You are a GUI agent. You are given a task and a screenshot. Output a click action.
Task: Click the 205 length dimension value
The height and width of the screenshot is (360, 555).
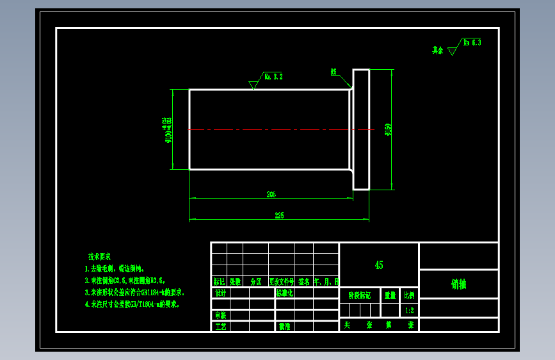(x=271, y=194)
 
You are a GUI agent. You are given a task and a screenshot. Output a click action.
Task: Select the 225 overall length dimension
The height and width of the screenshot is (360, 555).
(x=279, y=216)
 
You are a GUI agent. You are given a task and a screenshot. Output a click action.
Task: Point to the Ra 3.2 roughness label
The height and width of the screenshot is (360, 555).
(x=273, y=77)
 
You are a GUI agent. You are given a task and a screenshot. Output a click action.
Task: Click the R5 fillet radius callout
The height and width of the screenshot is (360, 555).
(x=334, y=72)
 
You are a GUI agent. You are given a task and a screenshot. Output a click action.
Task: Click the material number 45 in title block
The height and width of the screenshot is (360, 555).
(x=379, y=265)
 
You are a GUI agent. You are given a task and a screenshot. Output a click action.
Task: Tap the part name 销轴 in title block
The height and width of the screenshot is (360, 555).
(x=458, y=284)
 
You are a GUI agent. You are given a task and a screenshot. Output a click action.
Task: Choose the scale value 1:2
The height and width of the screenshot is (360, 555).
(x=409, y=311)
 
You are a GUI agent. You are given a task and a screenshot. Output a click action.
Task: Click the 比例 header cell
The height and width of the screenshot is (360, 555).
(x=409, y=295)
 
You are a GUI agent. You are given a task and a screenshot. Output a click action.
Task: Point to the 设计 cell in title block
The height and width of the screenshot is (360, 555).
(x=221, y=293)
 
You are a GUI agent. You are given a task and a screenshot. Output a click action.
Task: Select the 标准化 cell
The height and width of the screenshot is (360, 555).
(x=284, y=293)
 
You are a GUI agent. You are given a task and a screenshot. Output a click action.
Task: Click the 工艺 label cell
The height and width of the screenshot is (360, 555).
(x=221, y=327)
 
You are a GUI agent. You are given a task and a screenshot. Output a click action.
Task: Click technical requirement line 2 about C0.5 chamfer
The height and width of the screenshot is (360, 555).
(x=125, y=281)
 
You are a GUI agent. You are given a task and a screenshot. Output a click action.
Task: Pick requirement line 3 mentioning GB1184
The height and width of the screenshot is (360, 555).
(x=134, y=292)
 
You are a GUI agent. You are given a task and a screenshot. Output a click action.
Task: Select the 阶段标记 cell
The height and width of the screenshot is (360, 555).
(x=359, y=295)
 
